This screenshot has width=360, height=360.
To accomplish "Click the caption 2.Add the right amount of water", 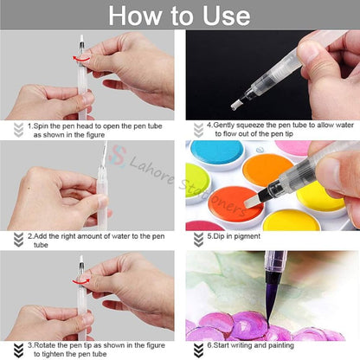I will (x=95, y=239).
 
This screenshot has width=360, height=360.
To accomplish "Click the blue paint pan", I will (x=215, y=155).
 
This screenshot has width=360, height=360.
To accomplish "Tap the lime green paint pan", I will (x=196, y=181).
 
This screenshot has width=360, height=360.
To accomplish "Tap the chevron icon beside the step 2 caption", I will (x=17, y=239).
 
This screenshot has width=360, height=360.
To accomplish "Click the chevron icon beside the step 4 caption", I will (x=197, y=130).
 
